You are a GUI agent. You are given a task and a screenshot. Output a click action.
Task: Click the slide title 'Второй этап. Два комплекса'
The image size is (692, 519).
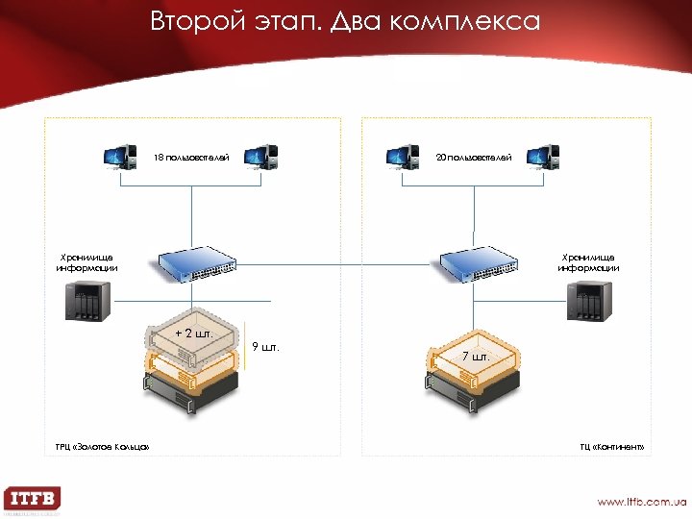click(345, 20)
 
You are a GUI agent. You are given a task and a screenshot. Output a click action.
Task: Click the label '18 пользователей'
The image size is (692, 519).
click(192, 157)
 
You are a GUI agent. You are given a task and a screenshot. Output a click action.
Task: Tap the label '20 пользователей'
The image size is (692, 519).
click(474, 157)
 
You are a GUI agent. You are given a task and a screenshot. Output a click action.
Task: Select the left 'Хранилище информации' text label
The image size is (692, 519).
click(86, 262)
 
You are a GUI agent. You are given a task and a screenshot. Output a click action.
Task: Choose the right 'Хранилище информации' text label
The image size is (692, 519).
click(589, 262)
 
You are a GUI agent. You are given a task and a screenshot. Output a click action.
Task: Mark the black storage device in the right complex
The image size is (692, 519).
click(589, 304)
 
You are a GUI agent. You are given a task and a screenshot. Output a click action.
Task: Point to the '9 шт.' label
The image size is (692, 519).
click(265, 347)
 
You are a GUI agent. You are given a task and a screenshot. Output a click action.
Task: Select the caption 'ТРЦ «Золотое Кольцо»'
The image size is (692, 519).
click(102, 447)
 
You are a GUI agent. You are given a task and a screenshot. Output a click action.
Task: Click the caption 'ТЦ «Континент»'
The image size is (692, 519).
click(611, 447)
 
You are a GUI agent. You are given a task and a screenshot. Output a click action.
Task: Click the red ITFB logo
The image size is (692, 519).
click(32, 500)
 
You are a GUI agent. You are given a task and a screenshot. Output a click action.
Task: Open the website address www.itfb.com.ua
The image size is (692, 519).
click(641, 502)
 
